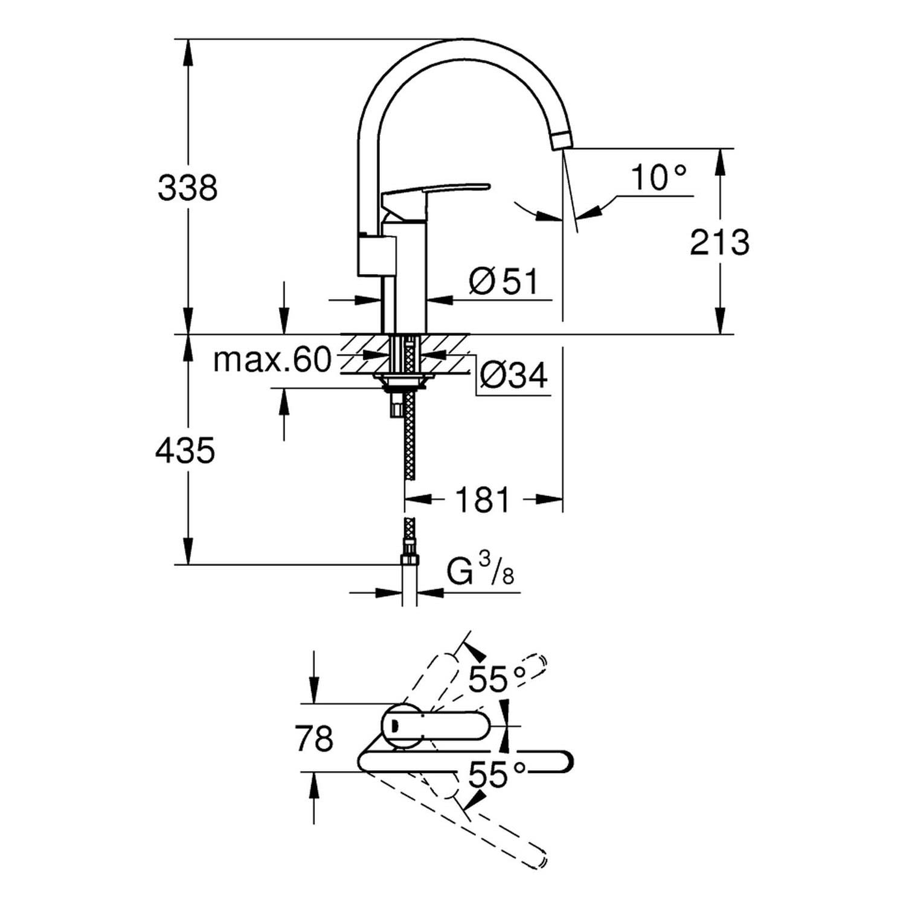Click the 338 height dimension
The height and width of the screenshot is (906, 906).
click(x=187, y=188)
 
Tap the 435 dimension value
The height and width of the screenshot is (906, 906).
click(x=185, y=451)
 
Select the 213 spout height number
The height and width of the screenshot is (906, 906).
click(x=719, y=242)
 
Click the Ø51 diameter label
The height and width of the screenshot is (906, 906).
click(x=503, y=281)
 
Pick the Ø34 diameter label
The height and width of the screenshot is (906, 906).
click(x=514, y=375)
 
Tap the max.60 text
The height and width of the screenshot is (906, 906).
click(x=273, y=361)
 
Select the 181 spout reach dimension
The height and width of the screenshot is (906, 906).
click(x=483, y=500)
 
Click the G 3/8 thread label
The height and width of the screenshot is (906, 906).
click(x=481, y=571)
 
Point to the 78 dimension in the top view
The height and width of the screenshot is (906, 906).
click(x=315, y=738)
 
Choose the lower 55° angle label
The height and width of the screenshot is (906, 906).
click(x=497, y=775)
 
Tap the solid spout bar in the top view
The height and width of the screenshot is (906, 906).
click(x=466, y=762)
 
